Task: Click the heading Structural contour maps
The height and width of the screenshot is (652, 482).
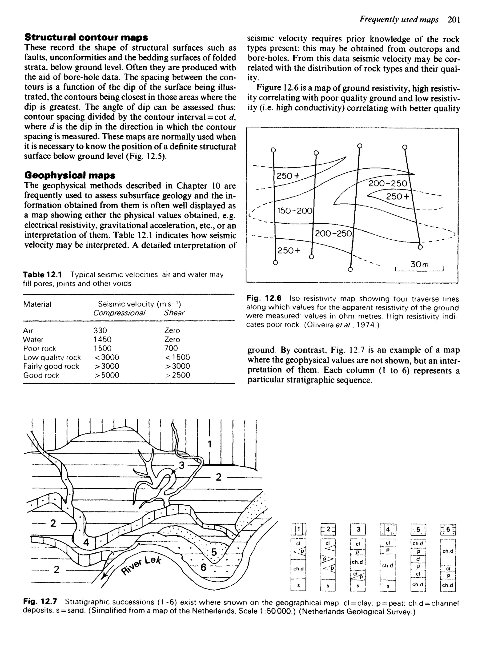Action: pyautogui.click(x=86, y=37)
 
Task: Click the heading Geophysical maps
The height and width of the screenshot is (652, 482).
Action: pyautogui.click(x=70, y=175)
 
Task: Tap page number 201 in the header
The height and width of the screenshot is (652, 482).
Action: pyautogui.click(x=454, y=20)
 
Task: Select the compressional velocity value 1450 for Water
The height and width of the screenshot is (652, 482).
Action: pyautogui.click(x=102, y=339)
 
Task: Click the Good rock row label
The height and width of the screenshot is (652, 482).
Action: pyautogui.click(x=41, y=375)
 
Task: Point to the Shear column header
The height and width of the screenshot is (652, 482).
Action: pyautogui.click(x=174, y=313)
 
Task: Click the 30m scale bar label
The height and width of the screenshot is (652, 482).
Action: pyautogui.click(x=420, y=264)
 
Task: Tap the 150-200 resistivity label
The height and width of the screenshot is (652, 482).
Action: pyautogui.click(x=295, y=211)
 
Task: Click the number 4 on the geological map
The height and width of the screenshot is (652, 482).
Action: pyautogui.click(x=86, y=542)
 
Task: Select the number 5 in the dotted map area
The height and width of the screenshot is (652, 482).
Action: pyautogui.click(x=214, y=552)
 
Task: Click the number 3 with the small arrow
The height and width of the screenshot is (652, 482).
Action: pyautogui.click(x=181, y=465)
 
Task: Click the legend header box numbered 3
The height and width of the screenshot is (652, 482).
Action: pyautogui.click(x=358, y=529)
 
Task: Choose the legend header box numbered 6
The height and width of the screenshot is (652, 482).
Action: pyautogui.click(x=448, y=529)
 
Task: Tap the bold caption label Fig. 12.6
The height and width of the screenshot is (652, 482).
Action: pyautogui.click(x=264, y=298)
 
